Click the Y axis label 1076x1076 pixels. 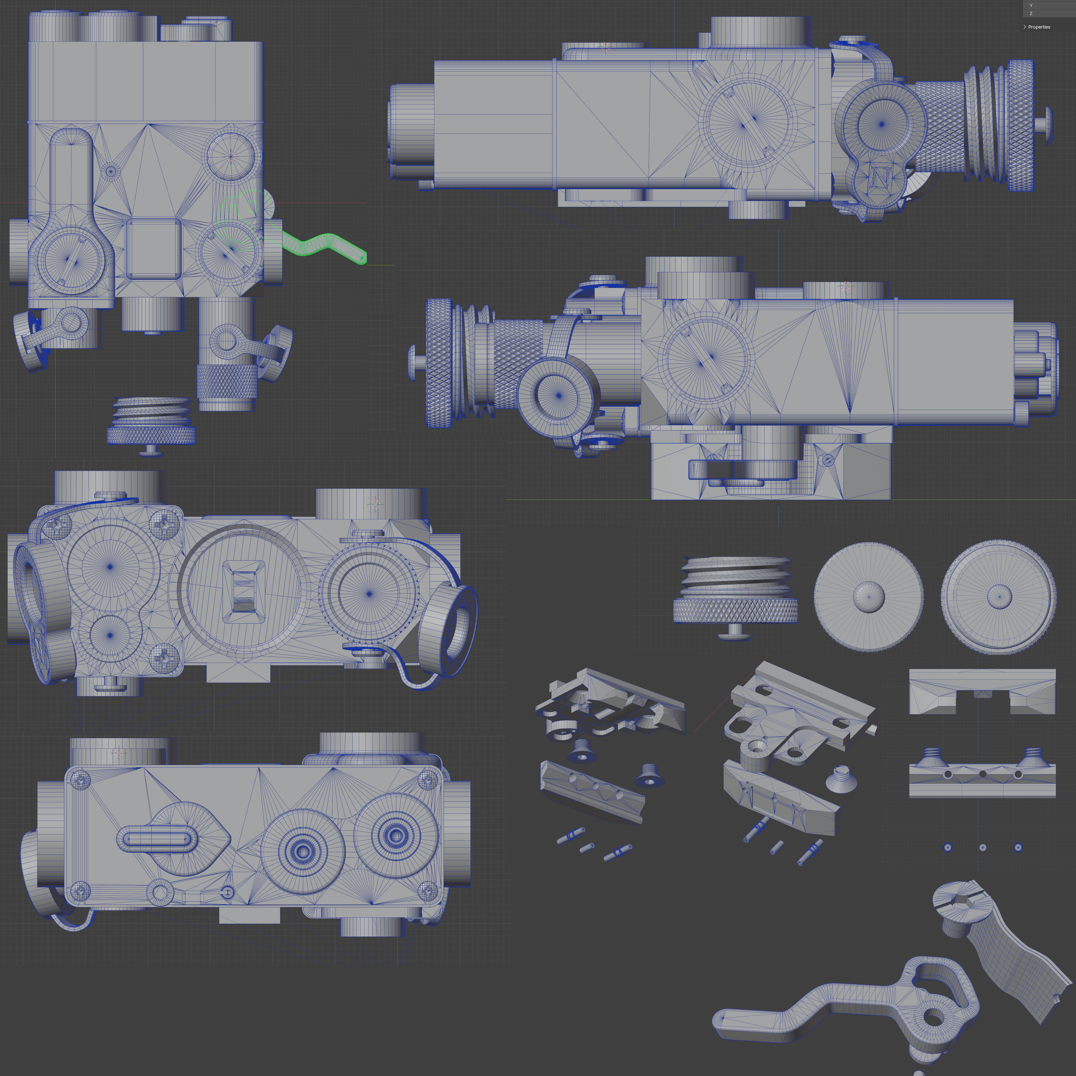click(1031, 5)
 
